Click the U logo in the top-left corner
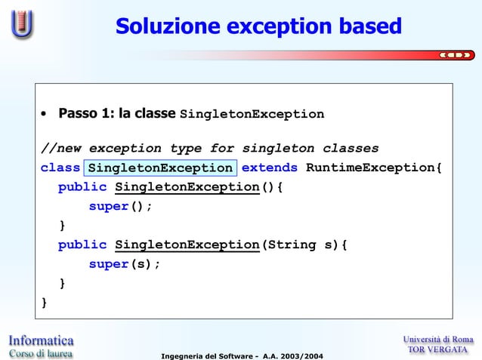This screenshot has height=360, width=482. (x=22, y=24)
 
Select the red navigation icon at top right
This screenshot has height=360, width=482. (x=457, y=54)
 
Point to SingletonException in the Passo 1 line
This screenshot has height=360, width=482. (x=252, y=115)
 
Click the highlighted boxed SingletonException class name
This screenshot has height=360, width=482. (x=160, y=168)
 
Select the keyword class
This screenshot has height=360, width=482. (x=60, y=168)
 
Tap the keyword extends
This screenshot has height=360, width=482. (x=270, y=168)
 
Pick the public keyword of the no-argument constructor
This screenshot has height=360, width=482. (x=82, y=187)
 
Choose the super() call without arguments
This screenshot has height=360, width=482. (x=120, y=207)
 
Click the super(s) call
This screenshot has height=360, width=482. (x=125, y=265)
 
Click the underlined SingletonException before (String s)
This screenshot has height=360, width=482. (x=187, y=245)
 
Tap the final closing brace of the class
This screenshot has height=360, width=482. (x=44, y=303)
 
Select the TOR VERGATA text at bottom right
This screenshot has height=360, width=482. (x=437, y=349)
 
